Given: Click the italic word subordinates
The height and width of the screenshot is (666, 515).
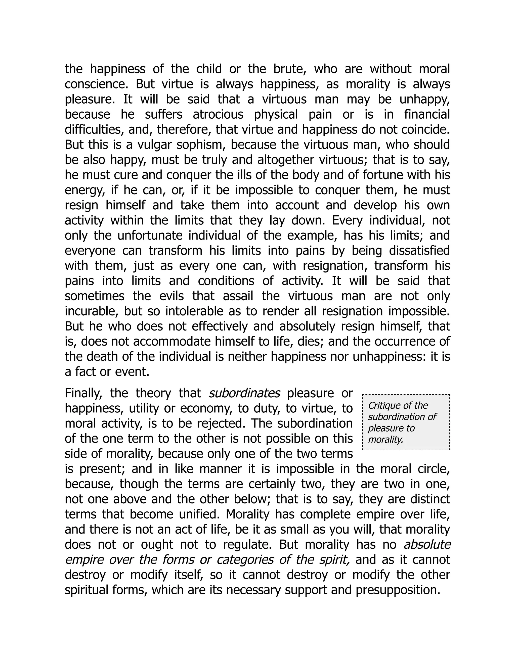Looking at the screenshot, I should click(244, 393).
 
